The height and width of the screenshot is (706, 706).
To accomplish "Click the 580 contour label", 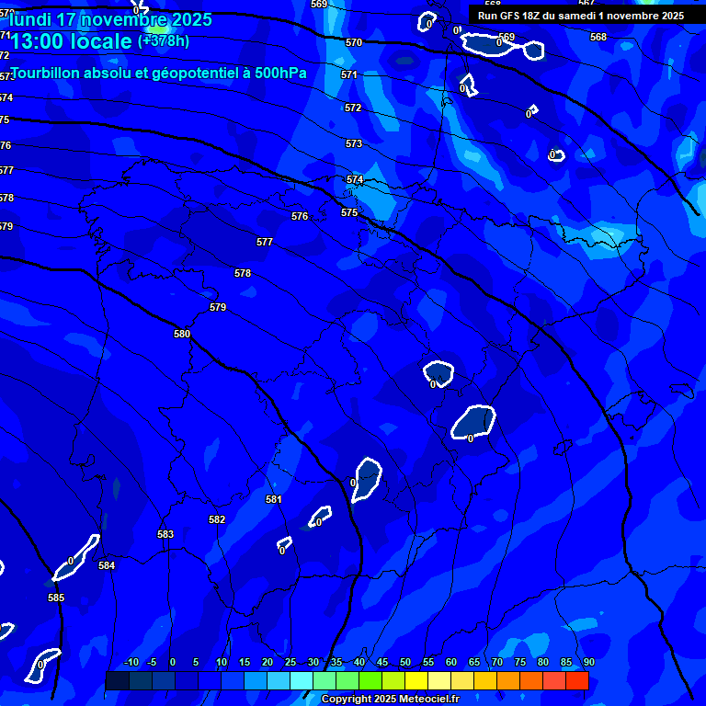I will point(182,334).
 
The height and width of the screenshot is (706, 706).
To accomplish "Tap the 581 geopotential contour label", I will point(273,499).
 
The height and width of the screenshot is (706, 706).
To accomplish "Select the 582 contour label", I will point(217,519).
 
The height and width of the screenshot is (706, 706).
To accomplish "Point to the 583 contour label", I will point(165,534).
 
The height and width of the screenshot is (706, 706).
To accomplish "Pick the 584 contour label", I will point(107,565).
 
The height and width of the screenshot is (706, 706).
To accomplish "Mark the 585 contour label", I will point(56,598).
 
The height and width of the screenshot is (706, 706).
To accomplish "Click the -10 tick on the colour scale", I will point(131,663).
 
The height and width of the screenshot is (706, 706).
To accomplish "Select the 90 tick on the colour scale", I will point(588,663).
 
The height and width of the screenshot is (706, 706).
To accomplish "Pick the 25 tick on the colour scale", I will point(290,663).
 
